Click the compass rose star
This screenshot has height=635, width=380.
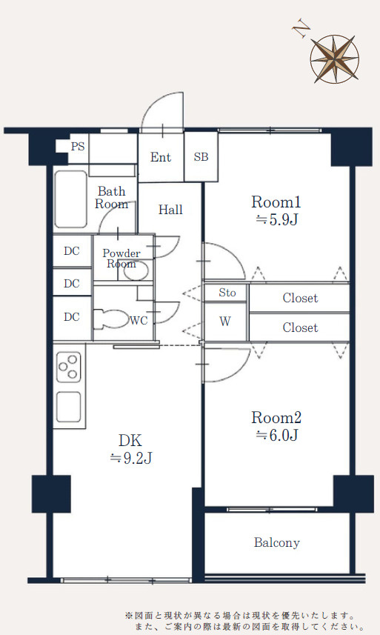tap(335, 59)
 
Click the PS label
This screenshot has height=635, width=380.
tap(78, 146)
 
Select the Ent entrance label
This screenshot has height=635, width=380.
tap(161, 157)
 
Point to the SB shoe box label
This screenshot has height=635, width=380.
tap(201, 157)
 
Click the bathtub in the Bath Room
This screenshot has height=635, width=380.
tap(71, 199)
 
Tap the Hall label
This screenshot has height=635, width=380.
tap(170, 210)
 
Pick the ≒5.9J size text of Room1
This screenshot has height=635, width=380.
tap(277, 219)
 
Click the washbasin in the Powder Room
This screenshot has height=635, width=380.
tap(136, 270)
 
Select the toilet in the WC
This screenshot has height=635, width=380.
tap(110, 319)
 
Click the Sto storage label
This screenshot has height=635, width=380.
tap(227, 293)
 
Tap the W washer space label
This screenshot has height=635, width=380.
tap(225, 322)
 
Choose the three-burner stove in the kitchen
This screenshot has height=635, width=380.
tap(69, 368)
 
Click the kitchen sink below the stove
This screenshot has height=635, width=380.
tap(69, 407)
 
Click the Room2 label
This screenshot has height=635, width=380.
tap(276, 417)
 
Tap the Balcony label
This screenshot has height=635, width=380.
tap(277, 542)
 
